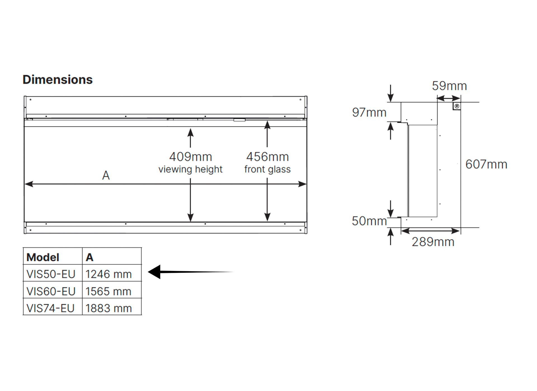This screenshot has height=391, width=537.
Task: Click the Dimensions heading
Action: [x=58, y=80]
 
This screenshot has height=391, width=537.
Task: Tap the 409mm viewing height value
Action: [x=191, y=157]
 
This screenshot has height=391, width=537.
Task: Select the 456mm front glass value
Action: [x=268, y=157]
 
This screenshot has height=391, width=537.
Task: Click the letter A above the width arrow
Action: [x=106, y=175]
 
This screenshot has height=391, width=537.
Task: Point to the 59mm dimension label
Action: [x=449, y=86]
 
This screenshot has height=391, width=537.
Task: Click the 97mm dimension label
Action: [x=369, y=113]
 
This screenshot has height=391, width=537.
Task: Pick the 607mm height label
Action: [x=486, y=164]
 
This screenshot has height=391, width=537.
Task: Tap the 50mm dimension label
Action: [x=369, y=221]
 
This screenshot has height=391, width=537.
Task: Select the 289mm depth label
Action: [x=433, y=242]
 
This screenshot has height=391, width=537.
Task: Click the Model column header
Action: [x=43, y=257]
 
